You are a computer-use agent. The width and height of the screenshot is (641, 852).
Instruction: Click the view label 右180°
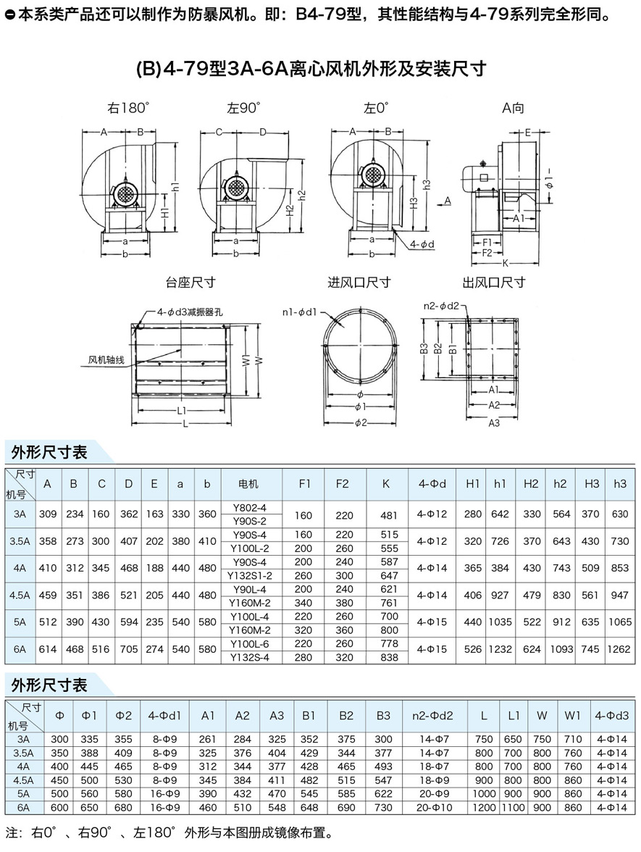click(128, 108)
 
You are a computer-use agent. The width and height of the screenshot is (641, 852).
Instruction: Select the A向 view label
click(513, 108)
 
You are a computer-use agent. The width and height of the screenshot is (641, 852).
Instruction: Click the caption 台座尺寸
click(190, 282)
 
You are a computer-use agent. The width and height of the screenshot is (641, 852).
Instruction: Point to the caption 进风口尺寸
click(359, 282)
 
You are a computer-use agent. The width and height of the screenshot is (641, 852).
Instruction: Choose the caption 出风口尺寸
click(494, 282)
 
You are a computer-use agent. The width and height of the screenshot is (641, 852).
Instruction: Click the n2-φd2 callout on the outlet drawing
click(441, 306)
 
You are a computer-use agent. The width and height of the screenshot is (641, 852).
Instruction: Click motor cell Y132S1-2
click(248, 575)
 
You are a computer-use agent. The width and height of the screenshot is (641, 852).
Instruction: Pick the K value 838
click(389, 657)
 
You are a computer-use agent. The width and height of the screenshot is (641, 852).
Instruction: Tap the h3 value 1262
click(620, 649)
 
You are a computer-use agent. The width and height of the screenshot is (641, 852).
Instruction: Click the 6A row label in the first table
click(20, 649)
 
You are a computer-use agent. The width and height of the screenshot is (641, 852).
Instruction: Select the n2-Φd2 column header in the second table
click(432, 715)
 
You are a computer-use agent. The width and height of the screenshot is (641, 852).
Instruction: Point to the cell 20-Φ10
click(432, 806)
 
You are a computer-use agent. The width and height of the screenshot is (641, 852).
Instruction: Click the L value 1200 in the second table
click(484, 806)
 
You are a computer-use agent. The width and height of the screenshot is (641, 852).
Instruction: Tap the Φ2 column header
click(124, 715)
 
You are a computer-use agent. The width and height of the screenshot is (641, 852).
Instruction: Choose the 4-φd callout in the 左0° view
click(422, 244)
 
